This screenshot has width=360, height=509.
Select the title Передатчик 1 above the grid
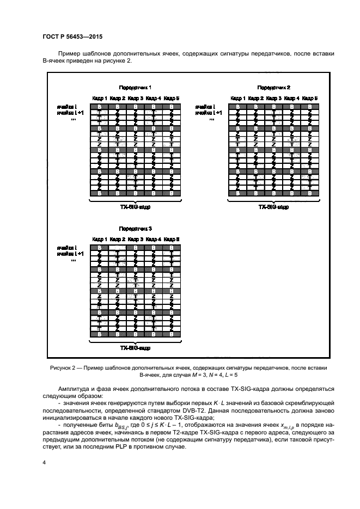(x=136, y=87)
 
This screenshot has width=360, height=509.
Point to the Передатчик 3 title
(x=135, y=229)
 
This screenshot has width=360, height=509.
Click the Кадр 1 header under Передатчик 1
(x=99, y=98)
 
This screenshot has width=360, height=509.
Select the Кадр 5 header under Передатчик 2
(x=310, y=98)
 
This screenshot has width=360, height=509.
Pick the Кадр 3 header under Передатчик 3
(x=135, y=240)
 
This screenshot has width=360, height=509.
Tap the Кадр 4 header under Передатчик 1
(x=153, y=98)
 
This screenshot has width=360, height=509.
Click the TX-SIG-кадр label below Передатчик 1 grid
(x=135, y=207)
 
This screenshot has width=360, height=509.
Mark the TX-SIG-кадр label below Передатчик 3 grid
(x=135, y=348)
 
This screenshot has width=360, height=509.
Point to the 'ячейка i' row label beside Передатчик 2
(x=207, y=106)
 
